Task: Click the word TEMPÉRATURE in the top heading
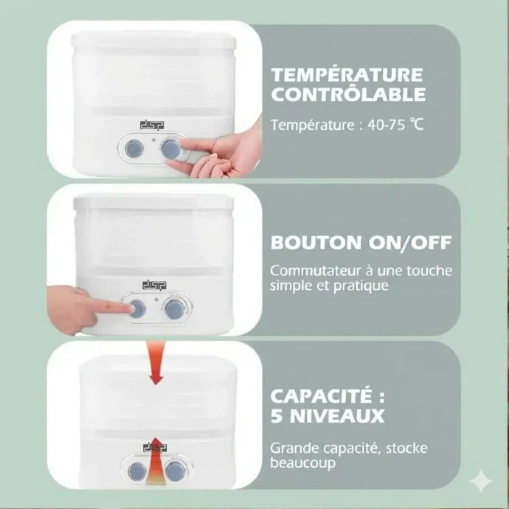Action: pyautogui.click(x=347, y=75)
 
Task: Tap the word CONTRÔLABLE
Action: pyautogui.click(x=348, y=94)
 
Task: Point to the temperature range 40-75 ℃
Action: pyautogui.click(x=395, y=125)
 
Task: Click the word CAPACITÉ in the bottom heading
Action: pyautogui.click(x=322, y=395)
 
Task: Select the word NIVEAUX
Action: pyautogui.click(x=337, y=416)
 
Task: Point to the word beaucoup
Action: pyautogui.click(x=302, y=463)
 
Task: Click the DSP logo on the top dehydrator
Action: pyautogui.click(x=152, y=125)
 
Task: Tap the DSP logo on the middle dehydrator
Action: pyautogui.click(x=154, y=285)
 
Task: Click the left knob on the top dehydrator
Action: pyautogui.click(x=134, y=149)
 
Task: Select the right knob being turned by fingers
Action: pyautogui.click(x=171, y=149)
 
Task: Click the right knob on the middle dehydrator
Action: pyautogui.click(x=174, y=309)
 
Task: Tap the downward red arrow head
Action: pyautogui.click(x=156, y=379)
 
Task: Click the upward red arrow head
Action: pyautogui.click(x=156, y=446)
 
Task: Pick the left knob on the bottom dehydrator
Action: pyautogui.click(x=137, y=471)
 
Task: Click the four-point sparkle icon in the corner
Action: pyautogui.click(x=481, y=481)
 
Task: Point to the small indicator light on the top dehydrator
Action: pyautogui.click(x=154, y=140)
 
